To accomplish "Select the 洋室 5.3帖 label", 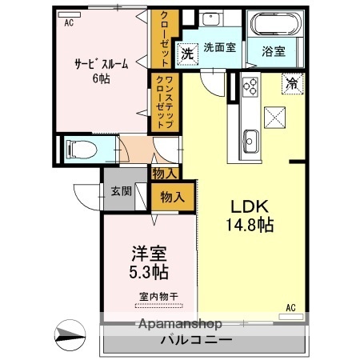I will pyautogui.click(x=150, y=263).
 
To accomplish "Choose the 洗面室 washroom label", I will pyautogui.click(x=218, y=47).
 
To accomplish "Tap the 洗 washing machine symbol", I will pyautogui.click(x=186, y=54).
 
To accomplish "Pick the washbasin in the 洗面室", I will pyautogui.click(x=213, y=22).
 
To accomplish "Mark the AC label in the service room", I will pyautogui.click(x=69, y=23).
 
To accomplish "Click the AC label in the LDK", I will pyautogui.click(x=290, y=307).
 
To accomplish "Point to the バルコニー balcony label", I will pyautogui.click(x=197, y=339).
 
